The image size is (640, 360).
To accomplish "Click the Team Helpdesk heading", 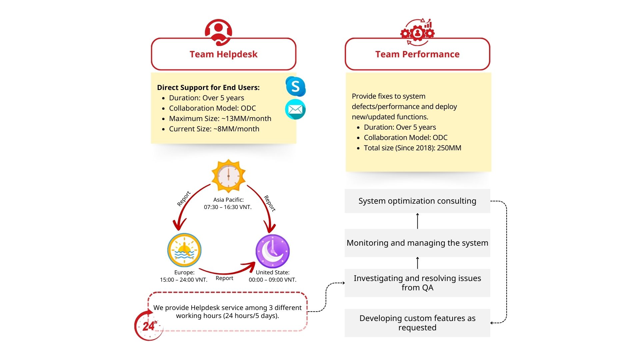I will click(223, 54).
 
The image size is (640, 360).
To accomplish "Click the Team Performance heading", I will click(417, 54).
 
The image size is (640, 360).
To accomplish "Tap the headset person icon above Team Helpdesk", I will click(218, 32).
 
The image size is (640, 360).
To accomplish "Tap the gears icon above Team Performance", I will click(417, 32).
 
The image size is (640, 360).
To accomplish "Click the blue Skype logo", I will click(295, 86).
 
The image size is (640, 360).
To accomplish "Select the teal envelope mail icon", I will click(295, 109).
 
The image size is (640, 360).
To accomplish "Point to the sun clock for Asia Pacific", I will click(228, 176).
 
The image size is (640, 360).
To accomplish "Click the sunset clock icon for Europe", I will click(184, 250).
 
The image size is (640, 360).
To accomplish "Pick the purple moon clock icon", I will click(272, 251).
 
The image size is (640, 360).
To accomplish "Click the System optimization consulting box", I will click(417, 201).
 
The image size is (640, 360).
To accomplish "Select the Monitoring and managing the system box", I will click(417, 243).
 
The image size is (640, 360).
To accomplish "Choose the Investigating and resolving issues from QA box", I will click(417, 283).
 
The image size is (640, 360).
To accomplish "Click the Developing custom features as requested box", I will click(417, 323).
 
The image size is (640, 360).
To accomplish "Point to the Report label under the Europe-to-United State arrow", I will click(224, 278).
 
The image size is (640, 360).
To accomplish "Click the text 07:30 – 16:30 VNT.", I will click(228, 207).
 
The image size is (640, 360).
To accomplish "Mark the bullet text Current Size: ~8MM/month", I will click(214, 129).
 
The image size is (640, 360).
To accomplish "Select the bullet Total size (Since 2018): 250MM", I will click(412, 148).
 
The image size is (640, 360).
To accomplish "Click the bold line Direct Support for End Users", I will click(208, 88).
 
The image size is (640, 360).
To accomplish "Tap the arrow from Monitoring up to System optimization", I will click(417, 221).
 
